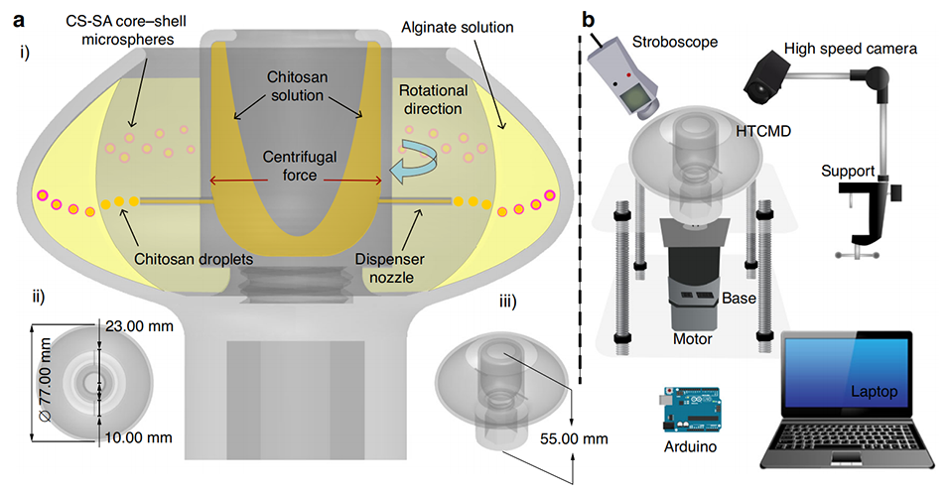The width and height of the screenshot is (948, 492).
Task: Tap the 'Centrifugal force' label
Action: point(297,166)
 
